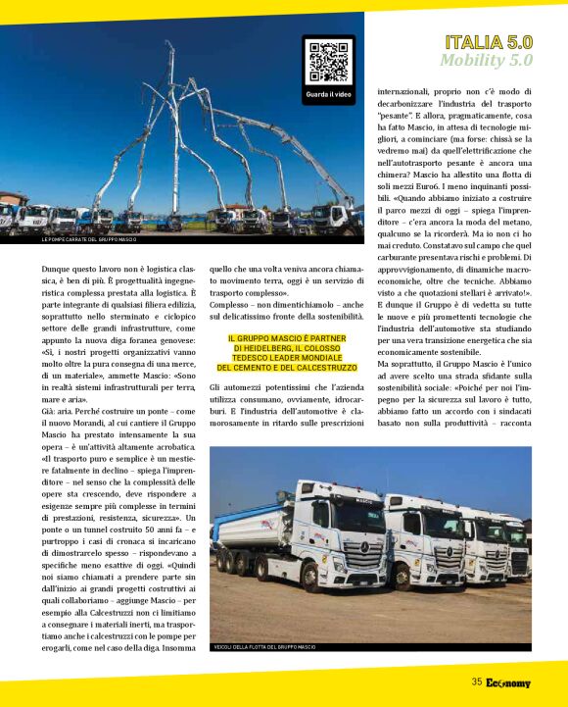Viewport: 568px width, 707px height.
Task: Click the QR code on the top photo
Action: tap(329, 61)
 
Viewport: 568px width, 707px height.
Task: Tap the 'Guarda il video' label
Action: tap(329, 94)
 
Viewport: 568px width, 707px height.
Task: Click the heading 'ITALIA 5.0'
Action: tap(489, 42)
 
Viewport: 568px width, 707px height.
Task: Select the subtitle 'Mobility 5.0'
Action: tap(486, 60)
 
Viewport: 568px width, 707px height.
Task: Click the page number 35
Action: tap(476, 682)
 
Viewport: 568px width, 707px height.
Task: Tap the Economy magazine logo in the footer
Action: tap(508, 682)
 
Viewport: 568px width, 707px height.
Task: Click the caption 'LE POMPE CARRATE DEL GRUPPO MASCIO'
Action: tap(89, 239)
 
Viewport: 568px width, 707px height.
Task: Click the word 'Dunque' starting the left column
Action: tap(57, 267)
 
